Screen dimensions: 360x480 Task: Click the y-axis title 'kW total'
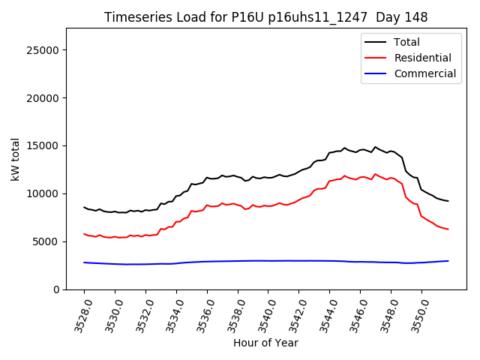click(x=16, y=159)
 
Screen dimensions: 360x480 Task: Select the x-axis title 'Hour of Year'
click(x=265, y=343)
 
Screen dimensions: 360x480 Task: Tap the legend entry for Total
click(x=406, y=42)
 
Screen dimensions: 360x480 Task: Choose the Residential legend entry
click(x=422, y=58)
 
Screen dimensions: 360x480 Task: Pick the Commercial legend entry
click(x=424, y=73)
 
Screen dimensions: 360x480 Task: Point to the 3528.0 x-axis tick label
click(x=77, y=313)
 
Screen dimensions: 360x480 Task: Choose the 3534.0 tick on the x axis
click(x=169, y=313)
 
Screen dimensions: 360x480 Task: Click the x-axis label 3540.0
click(x=262, y=313)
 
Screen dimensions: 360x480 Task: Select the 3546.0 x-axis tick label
click(x=353, y=313)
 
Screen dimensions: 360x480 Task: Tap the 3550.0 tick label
click(x=415, y=313)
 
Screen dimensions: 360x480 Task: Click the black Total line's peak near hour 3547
click(x=375, y=147)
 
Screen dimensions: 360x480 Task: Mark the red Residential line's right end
click(x=448, y=229)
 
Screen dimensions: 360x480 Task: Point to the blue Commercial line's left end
click(x=84, y=262)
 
